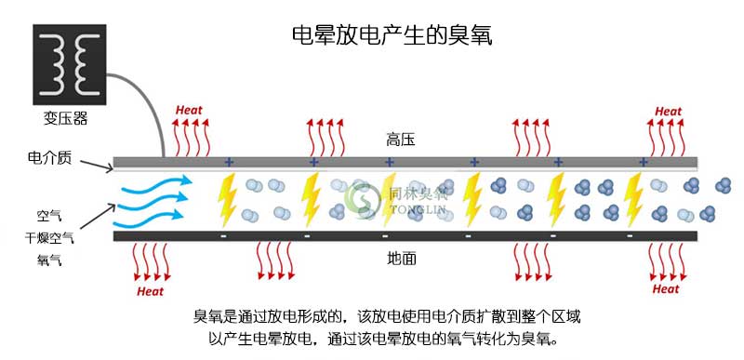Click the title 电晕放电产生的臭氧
pos(391,36)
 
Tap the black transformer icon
pos(67,65)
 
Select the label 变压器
pos(66,119)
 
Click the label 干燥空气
pos(48,237)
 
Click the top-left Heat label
pos(189,111)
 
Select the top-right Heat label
pos(668,112)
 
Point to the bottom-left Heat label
pos(151,290)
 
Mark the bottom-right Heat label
pos(666,288)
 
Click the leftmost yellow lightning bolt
pos(227,198)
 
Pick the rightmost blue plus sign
pos(643,162)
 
